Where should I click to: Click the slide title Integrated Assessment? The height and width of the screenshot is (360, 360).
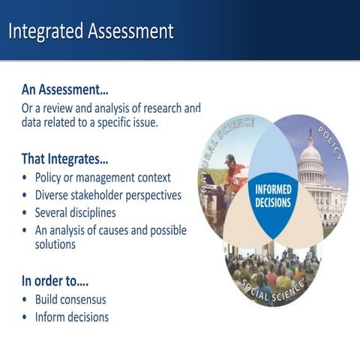click(91, 31)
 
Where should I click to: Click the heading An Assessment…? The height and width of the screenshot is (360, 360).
click(65, 88)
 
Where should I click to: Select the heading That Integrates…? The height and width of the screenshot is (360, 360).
click(64, 159)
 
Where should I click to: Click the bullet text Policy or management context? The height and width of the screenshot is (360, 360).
click(103, 178)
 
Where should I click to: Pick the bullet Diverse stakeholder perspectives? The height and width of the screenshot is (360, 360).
click(108, 195)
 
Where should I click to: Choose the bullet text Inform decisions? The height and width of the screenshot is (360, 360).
click(72, 317)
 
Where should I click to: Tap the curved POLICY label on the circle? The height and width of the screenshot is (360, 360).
click(331, 142)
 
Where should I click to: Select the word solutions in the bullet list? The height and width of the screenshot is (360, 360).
click(55, 244)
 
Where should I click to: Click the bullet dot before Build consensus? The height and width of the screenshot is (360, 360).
click(25, 300)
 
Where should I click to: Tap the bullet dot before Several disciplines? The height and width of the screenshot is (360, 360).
click(25, 212)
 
